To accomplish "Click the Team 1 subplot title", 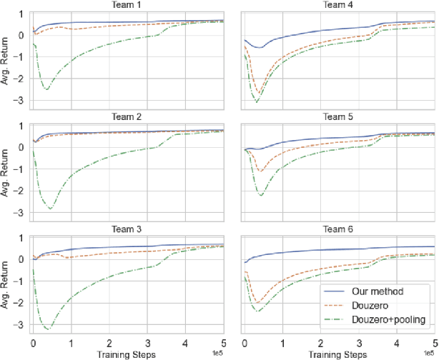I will [x=128, y=5].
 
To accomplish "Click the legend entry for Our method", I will [x=373, y=291].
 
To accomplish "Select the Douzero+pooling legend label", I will [x=389, y=318].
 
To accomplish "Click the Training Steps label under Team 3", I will [x=128, y=354].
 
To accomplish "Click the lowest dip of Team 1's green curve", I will [x=47, y=89].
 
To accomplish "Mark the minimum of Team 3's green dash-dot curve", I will [x=49, y=329].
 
